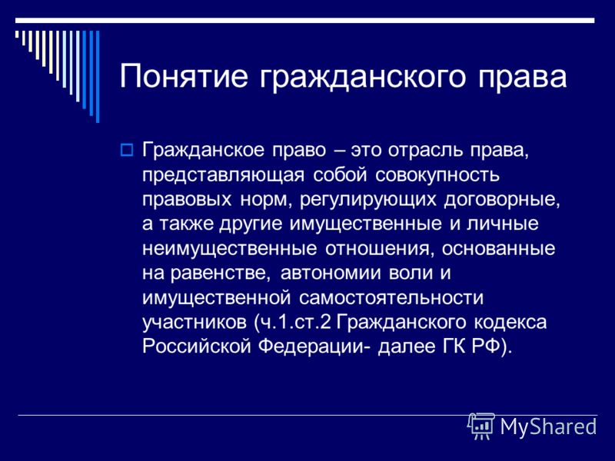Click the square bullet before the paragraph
pyautogui.click(x=126, y=150)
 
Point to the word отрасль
pyautogui.click(x=427, y=150)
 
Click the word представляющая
pyautogui.click(x=223, y=175)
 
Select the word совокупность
pyautogui.click(x=437, y=175)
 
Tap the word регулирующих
pyautogui.click(x=368, y=200)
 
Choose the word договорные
pyautogui.click(x=502, y=200)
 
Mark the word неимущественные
pyautogui.click(x=229, y=249)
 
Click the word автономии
pyautogui.click(x=331, y=274)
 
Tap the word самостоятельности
pyautogui.click(x=391, y=298)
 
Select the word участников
pyautogui.click(x=194, y=323)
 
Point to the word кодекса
pyautogui.click(x=510, y=323)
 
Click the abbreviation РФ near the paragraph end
pyautogui.click(x=487, y=347)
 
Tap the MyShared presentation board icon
pyautogui.click(x=481, y=426)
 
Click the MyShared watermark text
pyautogui.click(x=548, y=426)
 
